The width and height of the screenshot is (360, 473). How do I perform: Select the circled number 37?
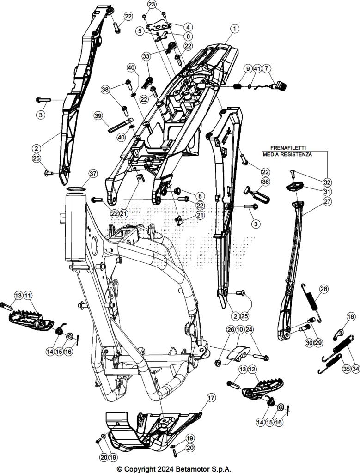point(93,174)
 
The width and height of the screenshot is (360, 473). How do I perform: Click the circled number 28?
point(323,289)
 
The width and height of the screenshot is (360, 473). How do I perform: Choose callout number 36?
point(265,182)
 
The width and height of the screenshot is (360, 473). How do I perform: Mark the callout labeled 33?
point(146,56)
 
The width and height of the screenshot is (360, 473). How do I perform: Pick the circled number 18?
point(351,316)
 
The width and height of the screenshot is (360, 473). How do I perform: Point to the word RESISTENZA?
point(296,155)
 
